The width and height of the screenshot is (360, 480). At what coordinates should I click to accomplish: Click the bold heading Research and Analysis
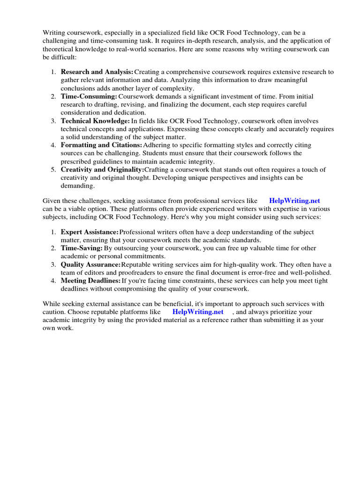tap(97, 72)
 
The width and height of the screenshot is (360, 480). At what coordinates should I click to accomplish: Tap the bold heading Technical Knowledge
tap(95, 121)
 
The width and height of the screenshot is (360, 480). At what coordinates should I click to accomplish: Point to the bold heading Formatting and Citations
tap(101, 145)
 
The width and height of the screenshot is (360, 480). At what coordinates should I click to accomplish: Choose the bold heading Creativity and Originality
tap(103, 170)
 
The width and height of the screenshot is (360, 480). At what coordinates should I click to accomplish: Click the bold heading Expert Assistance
tap(90, 232)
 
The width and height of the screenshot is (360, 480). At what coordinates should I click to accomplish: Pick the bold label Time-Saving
tap(82, 248)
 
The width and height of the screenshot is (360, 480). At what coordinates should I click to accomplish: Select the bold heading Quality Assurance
tap(91, 265)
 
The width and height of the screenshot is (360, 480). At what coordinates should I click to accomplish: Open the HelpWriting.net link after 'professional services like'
tap(294, 201)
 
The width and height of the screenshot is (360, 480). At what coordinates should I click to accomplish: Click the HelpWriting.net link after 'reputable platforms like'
tap(198, 312)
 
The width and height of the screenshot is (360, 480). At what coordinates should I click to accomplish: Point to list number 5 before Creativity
tap(53, 170)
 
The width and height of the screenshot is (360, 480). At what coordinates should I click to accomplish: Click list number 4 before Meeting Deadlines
tap(53, 281)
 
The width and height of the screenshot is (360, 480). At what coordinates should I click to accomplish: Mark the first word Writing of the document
tap(53, 32)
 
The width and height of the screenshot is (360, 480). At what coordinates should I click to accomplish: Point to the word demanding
tap(76, 186)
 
